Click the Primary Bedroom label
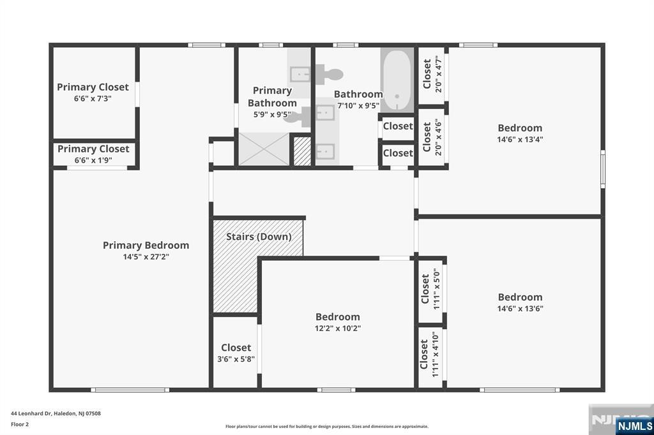146,245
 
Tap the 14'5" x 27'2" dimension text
146,256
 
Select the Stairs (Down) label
259,237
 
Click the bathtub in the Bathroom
397,80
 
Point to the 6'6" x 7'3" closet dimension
93,99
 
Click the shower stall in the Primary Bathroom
264,149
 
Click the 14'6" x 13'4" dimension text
520,140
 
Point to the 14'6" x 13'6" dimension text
520,309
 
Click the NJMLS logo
634,426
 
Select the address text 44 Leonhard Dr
31,413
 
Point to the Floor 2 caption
20,425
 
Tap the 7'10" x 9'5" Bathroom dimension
358,106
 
